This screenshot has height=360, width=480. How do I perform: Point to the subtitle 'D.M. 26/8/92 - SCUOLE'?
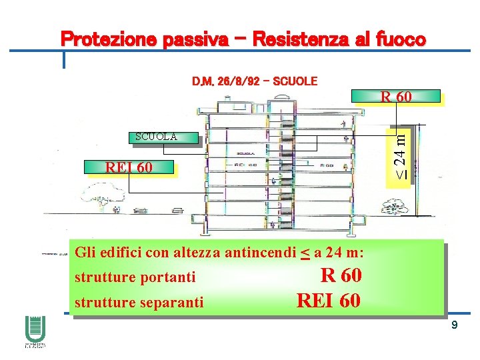(x=255, y=81)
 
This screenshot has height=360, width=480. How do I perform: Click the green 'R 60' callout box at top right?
(x=396, y=97)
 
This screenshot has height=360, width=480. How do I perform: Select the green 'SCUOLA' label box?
(x=157, y=137)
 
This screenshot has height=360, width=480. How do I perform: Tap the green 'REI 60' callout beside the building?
(x=129, y=167)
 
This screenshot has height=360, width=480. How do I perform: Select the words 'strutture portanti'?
(x=135, y=277)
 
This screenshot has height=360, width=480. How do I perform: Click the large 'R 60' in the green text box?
(x=341, y=275)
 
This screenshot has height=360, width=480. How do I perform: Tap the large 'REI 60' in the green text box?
(x=329, y=300)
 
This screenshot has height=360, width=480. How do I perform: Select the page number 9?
(x=454, y=325)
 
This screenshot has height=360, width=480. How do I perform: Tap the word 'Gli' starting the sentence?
(x=85, y=253)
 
